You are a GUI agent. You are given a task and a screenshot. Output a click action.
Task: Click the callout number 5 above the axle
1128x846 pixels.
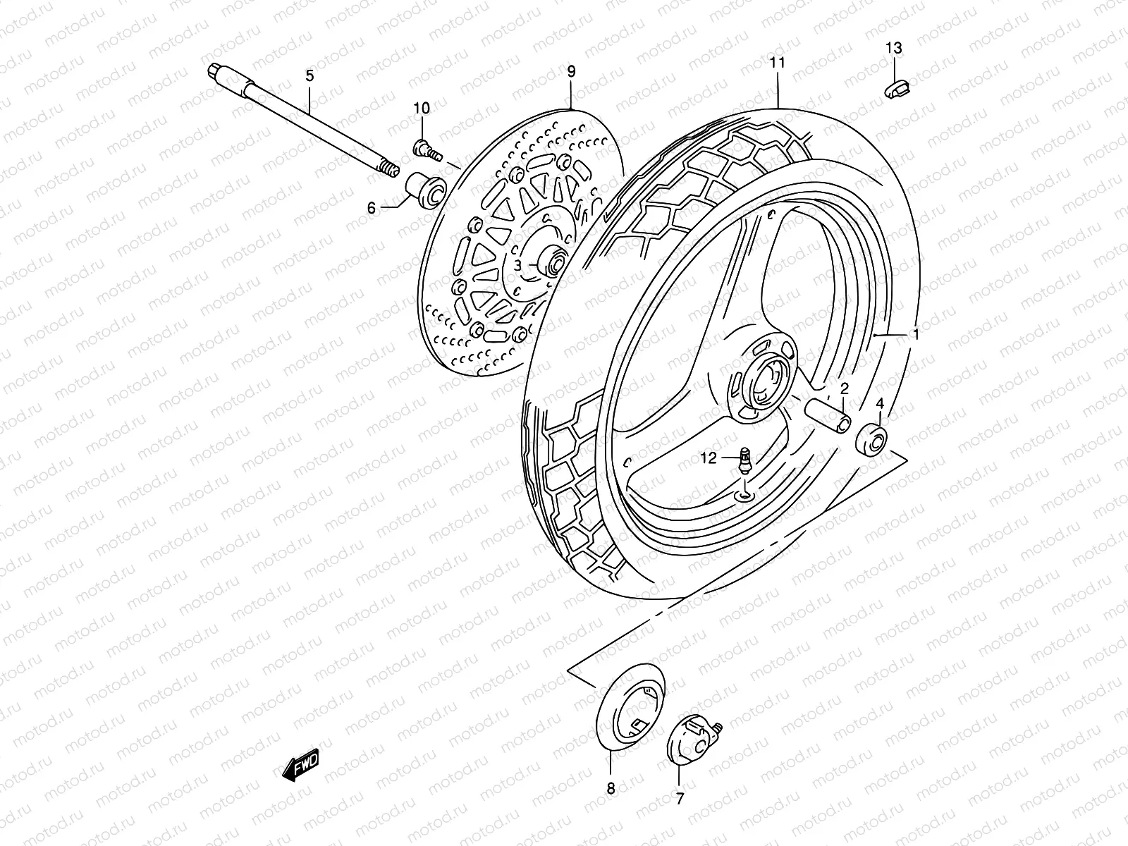pos(309,75)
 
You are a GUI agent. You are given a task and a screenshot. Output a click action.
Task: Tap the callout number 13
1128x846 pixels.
pos(893,48)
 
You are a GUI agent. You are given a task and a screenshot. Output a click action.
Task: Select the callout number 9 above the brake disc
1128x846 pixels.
pos(571,70)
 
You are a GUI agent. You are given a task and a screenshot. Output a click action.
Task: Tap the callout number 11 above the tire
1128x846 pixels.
pos(778,62)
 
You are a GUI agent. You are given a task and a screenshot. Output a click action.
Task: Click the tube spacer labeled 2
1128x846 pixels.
pos(833,415)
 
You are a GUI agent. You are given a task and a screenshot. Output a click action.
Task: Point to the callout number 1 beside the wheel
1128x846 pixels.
pos(915,336)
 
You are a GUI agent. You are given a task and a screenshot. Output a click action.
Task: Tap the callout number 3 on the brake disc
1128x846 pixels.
pos(517,265)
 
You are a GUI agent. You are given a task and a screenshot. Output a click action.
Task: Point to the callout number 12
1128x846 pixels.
pos(709,458)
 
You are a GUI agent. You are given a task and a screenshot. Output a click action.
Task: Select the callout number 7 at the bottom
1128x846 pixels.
pos(680,799)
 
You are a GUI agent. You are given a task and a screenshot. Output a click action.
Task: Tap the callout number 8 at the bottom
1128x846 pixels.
pos(611,788)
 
